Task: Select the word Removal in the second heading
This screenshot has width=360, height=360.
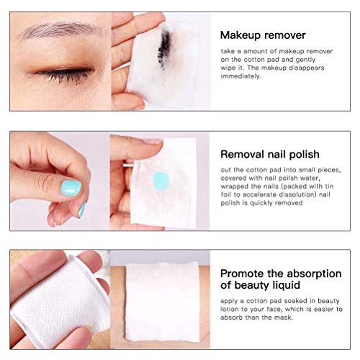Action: pyautogui.click(x=240, y=153)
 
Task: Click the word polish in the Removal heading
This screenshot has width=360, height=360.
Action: pyautogui.click(x=302, y=153)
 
